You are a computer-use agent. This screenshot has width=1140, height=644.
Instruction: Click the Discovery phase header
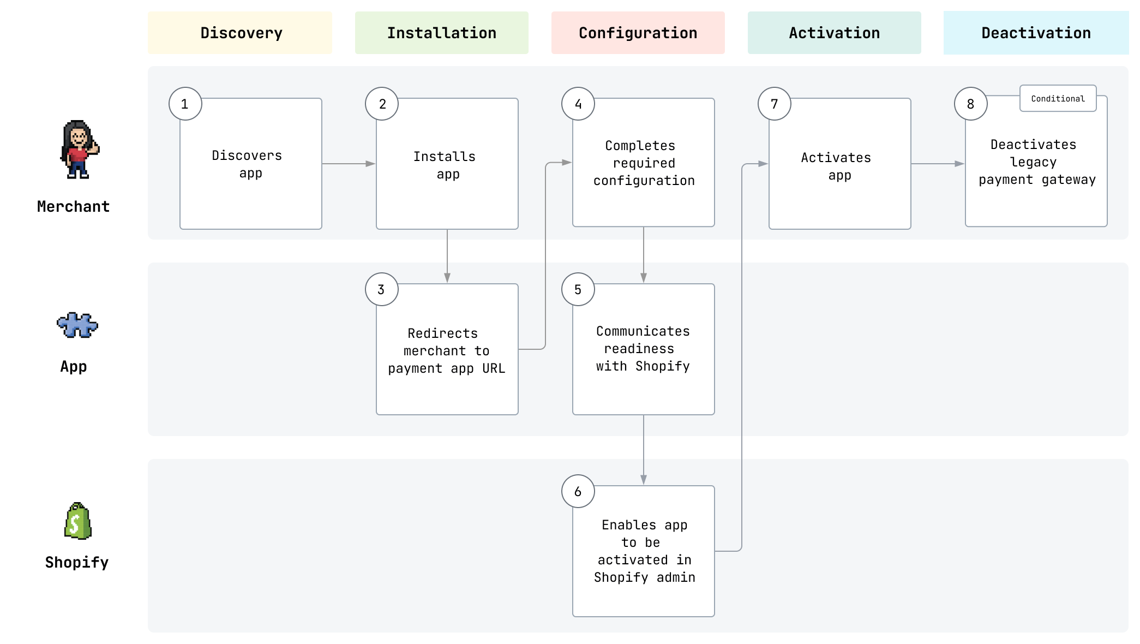pos(240,33)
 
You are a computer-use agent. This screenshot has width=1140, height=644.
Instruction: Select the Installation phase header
pos(441,33)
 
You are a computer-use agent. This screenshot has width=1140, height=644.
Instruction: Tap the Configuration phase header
pos(638,33)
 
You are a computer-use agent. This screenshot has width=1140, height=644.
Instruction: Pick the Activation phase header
pos(834,33)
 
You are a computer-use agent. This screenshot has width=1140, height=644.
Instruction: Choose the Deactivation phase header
pos(1036,33)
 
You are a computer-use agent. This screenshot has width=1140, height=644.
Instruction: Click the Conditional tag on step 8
pos(1058,98)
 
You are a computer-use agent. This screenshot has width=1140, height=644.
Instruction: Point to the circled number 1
pos(185,104)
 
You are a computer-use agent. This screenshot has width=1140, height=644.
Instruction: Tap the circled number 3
pos(381,289)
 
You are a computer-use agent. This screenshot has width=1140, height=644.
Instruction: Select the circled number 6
pos(578,491)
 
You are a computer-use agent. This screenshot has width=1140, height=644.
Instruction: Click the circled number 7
pos(774,104)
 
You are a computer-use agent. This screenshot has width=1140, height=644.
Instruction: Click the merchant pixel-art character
pos(79,149)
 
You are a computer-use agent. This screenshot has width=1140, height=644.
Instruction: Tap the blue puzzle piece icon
pos(77,325)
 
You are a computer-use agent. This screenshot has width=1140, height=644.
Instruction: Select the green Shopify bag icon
pos(78,521)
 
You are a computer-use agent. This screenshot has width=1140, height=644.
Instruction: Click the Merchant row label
pos(73,206)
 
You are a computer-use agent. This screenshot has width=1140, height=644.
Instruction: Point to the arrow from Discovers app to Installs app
pos(349,164)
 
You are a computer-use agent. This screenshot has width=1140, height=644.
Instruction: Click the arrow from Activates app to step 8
pos(937,164)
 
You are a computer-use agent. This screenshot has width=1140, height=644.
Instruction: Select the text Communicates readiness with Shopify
pos(643,349)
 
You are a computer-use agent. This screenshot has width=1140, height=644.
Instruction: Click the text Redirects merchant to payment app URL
pos(447,351)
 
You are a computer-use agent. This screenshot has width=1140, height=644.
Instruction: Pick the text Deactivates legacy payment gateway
pos(1036,162)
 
